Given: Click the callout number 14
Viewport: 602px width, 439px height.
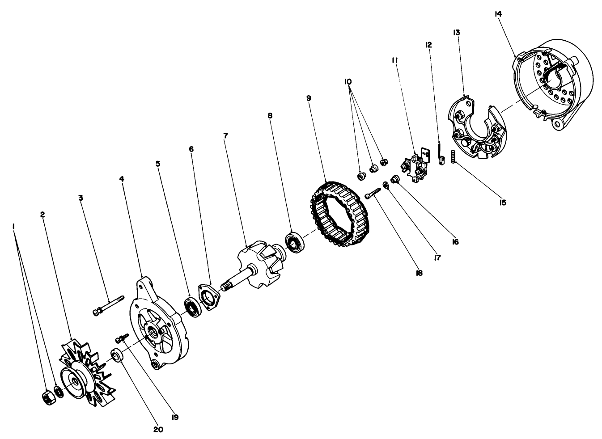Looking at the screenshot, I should pyautogui.click(x=498, y=14).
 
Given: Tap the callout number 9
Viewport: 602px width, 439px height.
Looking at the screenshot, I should pyautogui.click(x=309, y=97).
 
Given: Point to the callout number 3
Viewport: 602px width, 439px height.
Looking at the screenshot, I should pyautogui.click(x=81, y=197).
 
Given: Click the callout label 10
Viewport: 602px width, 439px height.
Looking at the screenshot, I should pyautogui.click(x=348, y=82).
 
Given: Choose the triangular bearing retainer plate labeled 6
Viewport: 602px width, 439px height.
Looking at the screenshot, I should pyautogui.click(x=208, y=296).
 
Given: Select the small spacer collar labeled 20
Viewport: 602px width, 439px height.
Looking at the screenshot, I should pyautogui.click(x=117, y=356).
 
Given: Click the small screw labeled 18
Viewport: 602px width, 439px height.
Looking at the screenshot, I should pyautogui.click(x=372, y=194).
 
